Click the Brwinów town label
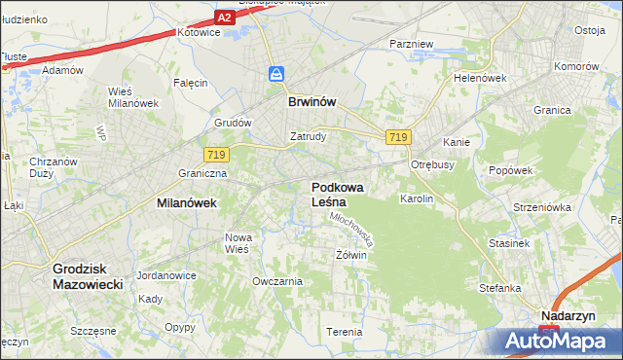[311, 100]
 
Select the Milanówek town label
[186, 203]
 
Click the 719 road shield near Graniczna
[216, 155]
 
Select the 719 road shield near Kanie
[396, 138]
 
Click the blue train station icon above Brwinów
[277, 74]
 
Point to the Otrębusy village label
[433, 164]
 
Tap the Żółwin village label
[350, 256]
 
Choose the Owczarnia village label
[277, 281]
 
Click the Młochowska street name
[353, 230]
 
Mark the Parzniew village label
[410, 45]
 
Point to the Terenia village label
[345, 332]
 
